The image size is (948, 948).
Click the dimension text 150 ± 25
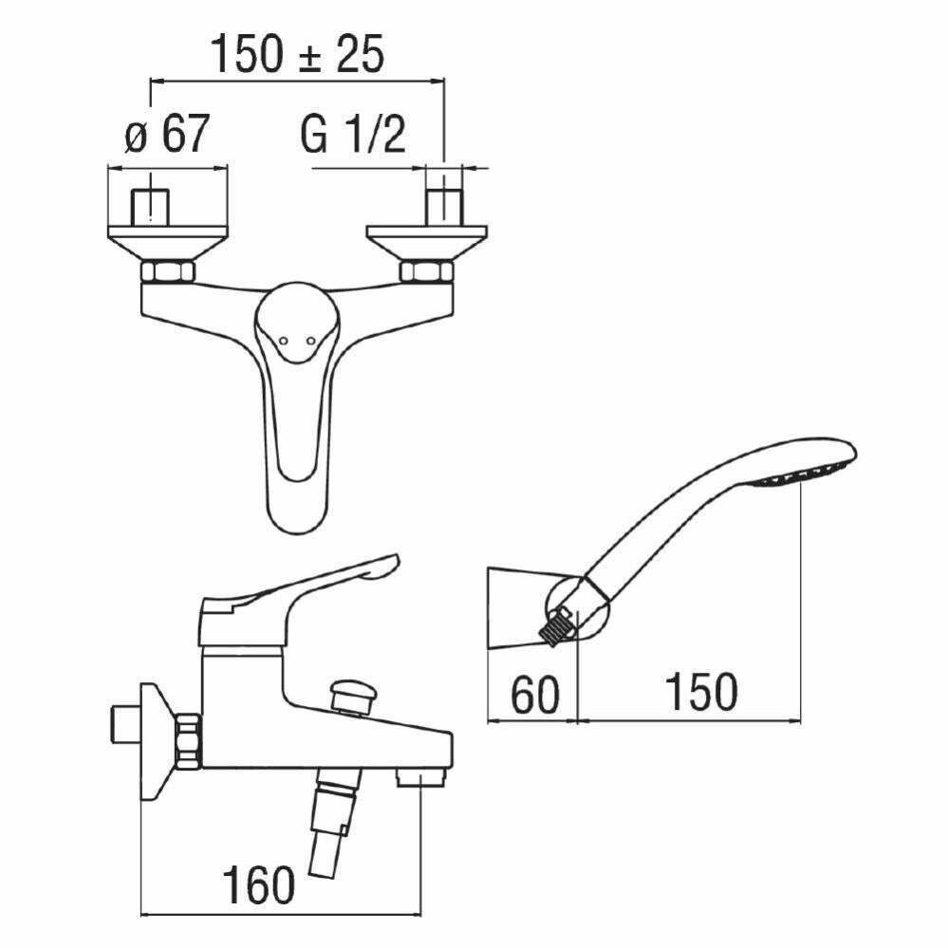296,54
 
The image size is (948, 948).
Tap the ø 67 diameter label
167,133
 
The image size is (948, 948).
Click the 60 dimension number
535,695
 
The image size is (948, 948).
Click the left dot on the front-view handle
283,343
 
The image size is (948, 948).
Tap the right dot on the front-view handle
310,343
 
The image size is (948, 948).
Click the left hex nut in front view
168,270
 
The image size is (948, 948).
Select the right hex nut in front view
426,270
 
